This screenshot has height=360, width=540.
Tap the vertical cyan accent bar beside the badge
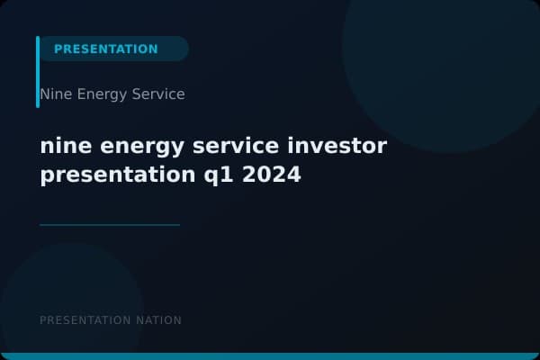coord(38,72)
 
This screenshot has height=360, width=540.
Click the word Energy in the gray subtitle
coord(101,94)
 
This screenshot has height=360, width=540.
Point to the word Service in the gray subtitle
coord(158,94)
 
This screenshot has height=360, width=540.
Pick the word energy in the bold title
coord(135,148)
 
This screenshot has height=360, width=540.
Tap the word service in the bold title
coord(236,146)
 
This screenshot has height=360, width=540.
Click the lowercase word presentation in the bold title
coord(112,175)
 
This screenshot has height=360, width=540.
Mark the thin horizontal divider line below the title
coord(110,225)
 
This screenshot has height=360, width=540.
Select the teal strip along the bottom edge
coord(270,356)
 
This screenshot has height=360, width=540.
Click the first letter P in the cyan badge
coord(58,49)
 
